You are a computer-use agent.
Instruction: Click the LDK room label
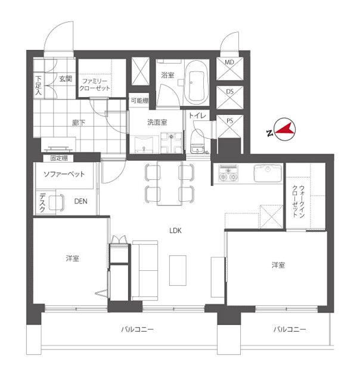point(175,230)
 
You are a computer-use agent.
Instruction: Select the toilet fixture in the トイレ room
point(197,143)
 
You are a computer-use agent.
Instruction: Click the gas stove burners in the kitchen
point(228,173)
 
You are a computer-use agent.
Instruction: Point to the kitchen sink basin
point(268,173)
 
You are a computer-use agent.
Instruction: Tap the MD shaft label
point(229,63)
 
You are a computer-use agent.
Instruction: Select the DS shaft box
point(229,98)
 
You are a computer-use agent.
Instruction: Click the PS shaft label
point(229,121)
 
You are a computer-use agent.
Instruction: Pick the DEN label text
point(80,201)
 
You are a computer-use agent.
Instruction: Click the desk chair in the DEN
point(57,202)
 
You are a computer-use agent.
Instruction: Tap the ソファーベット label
point(64,174)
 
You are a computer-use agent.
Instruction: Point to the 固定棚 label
point(59,158)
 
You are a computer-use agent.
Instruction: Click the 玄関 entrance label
point(66,79)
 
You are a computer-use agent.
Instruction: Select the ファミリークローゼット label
point(95,85)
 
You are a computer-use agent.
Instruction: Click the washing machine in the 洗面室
point(171,143)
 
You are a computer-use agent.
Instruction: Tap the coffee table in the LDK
point(178,270)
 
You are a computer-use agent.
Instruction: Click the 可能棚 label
point(139,101)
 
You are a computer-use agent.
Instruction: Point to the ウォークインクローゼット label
point(298,201)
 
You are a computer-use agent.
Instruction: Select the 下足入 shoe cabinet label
point(38,85)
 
